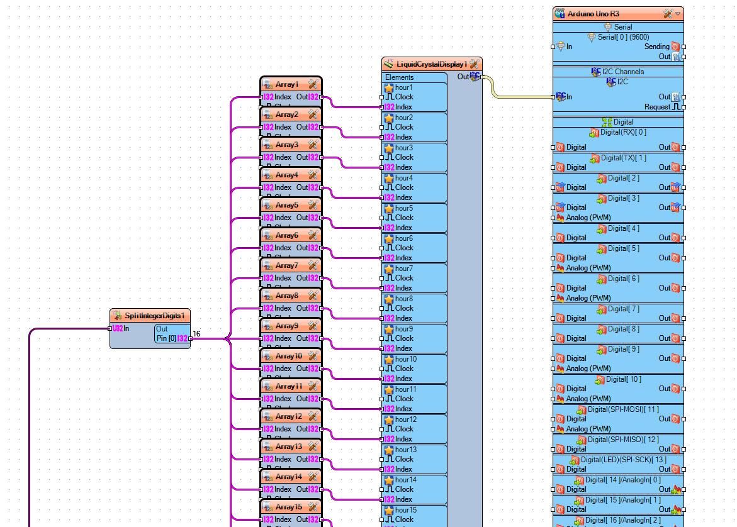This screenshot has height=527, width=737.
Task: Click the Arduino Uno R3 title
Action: click(x=593, y=13)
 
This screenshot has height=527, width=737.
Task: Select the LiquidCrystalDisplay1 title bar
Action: click(x=431, y=64)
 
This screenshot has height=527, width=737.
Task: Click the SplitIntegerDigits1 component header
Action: click(x=154, y=316)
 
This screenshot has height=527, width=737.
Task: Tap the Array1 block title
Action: click(x=287, y=84)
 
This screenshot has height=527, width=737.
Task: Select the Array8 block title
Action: click(x=287, y=296)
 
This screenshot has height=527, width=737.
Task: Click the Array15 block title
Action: click(x=289, y=507)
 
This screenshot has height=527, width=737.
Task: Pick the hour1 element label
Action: click(x=403, y=87)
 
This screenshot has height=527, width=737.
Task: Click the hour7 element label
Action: click(x=403, y=269)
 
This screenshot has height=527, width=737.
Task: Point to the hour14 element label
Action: click(x=405, y=480)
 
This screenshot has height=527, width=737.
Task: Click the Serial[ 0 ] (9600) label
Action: click(x=623, y=37)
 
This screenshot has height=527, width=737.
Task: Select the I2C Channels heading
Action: click(x=622, y=72)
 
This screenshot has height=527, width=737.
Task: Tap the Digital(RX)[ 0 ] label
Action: click(x=622, y=132)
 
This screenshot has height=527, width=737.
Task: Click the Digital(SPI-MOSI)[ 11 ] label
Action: click(x=622, y=409)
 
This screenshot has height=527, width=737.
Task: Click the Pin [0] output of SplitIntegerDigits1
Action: click(x=167, y=338)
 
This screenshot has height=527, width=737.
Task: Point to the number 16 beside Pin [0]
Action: click(x=196, y=334)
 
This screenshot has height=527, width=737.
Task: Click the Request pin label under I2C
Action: click(x=656, y=107)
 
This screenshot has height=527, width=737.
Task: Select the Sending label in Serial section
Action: click(x=656, y=47)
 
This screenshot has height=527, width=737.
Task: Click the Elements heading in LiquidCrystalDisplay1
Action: click(x=400, y=77)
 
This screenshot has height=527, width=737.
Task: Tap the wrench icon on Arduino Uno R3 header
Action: click(x=668, y=13)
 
